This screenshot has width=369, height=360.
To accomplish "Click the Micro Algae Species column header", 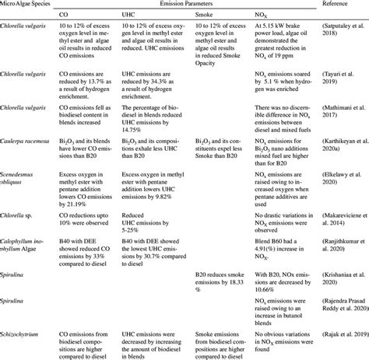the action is [x=29, y=5].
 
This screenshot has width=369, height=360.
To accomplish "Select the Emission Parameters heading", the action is [x=189, y=5].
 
